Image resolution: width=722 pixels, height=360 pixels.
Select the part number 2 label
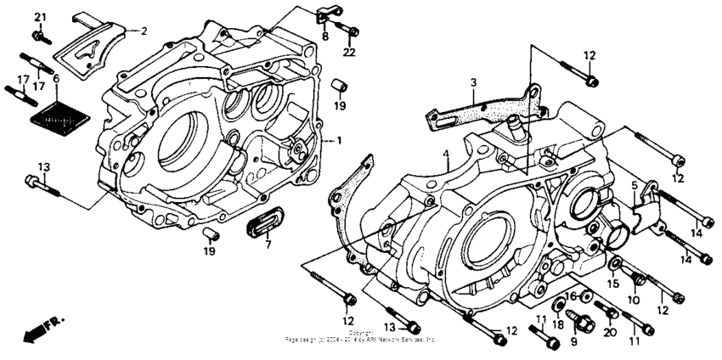(x=144, y=31)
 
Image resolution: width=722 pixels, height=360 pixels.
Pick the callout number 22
(x=348, y=53)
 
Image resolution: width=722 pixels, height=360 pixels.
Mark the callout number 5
(x=633, y=183)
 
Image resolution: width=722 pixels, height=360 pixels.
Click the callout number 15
(x=612, y=283)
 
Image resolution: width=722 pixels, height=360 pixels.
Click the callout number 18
(x=559, y=323)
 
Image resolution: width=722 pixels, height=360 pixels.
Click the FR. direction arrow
(x=35, y=330)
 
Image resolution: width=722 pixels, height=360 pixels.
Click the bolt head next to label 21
(x=39, y=35)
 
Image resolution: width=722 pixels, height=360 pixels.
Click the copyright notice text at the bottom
(x=360, y=337)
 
